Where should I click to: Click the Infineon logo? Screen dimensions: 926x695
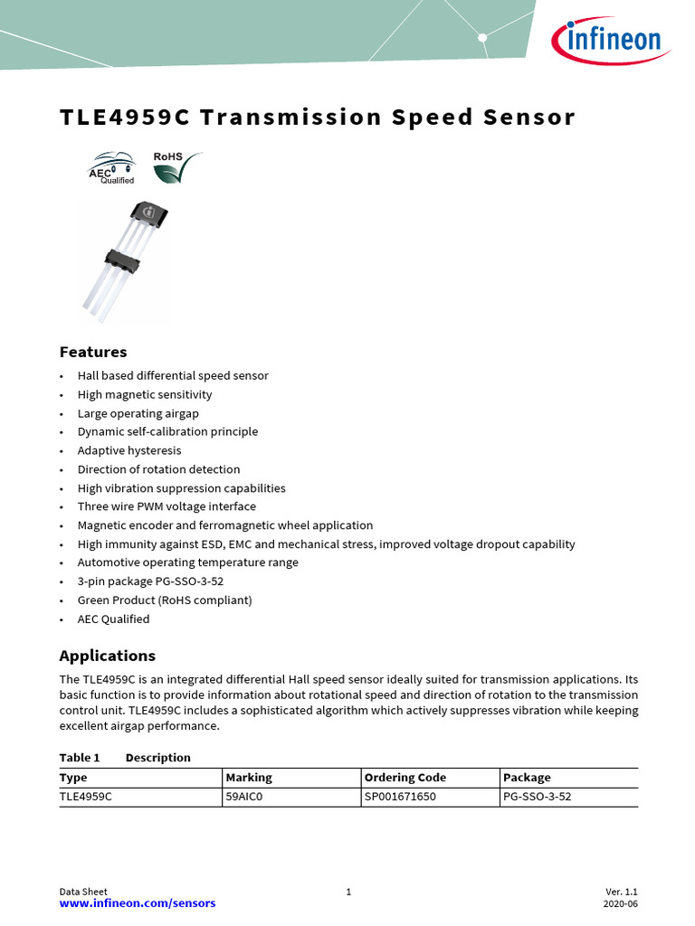click(606, 41)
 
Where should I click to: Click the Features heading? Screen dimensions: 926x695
click(93, 352)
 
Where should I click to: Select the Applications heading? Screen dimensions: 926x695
click(107, 656)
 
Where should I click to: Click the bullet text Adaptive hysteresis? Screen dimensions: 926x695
click(129, 450)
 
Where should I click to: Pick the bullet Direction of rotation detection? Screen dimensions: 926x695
click(158, 469)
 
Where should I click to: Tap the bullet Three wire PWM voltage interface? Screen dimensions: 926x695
click(167, 506)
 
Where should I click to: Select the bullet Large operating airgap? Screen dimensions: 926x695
click(138, 413)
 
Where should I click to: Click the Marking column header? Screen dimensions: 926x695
click(249, 778)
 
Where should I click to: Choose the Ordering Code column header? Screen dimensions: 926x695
click(405, 778)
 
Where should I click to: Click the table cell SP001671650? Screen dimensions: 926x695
click(400, 797)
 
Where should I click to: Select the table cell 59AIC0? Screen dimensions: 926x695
click(244, 797)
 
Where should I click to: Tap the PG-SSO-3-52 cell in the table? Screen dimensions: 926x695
click(537, 797)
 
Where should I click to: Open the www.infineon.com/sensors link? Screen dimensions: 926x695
click(138, 903)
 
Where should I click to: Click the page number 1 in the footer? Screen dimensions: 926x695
click(348, 892)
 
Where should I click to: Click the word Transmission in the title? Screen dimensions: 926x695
click(291, 118)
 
